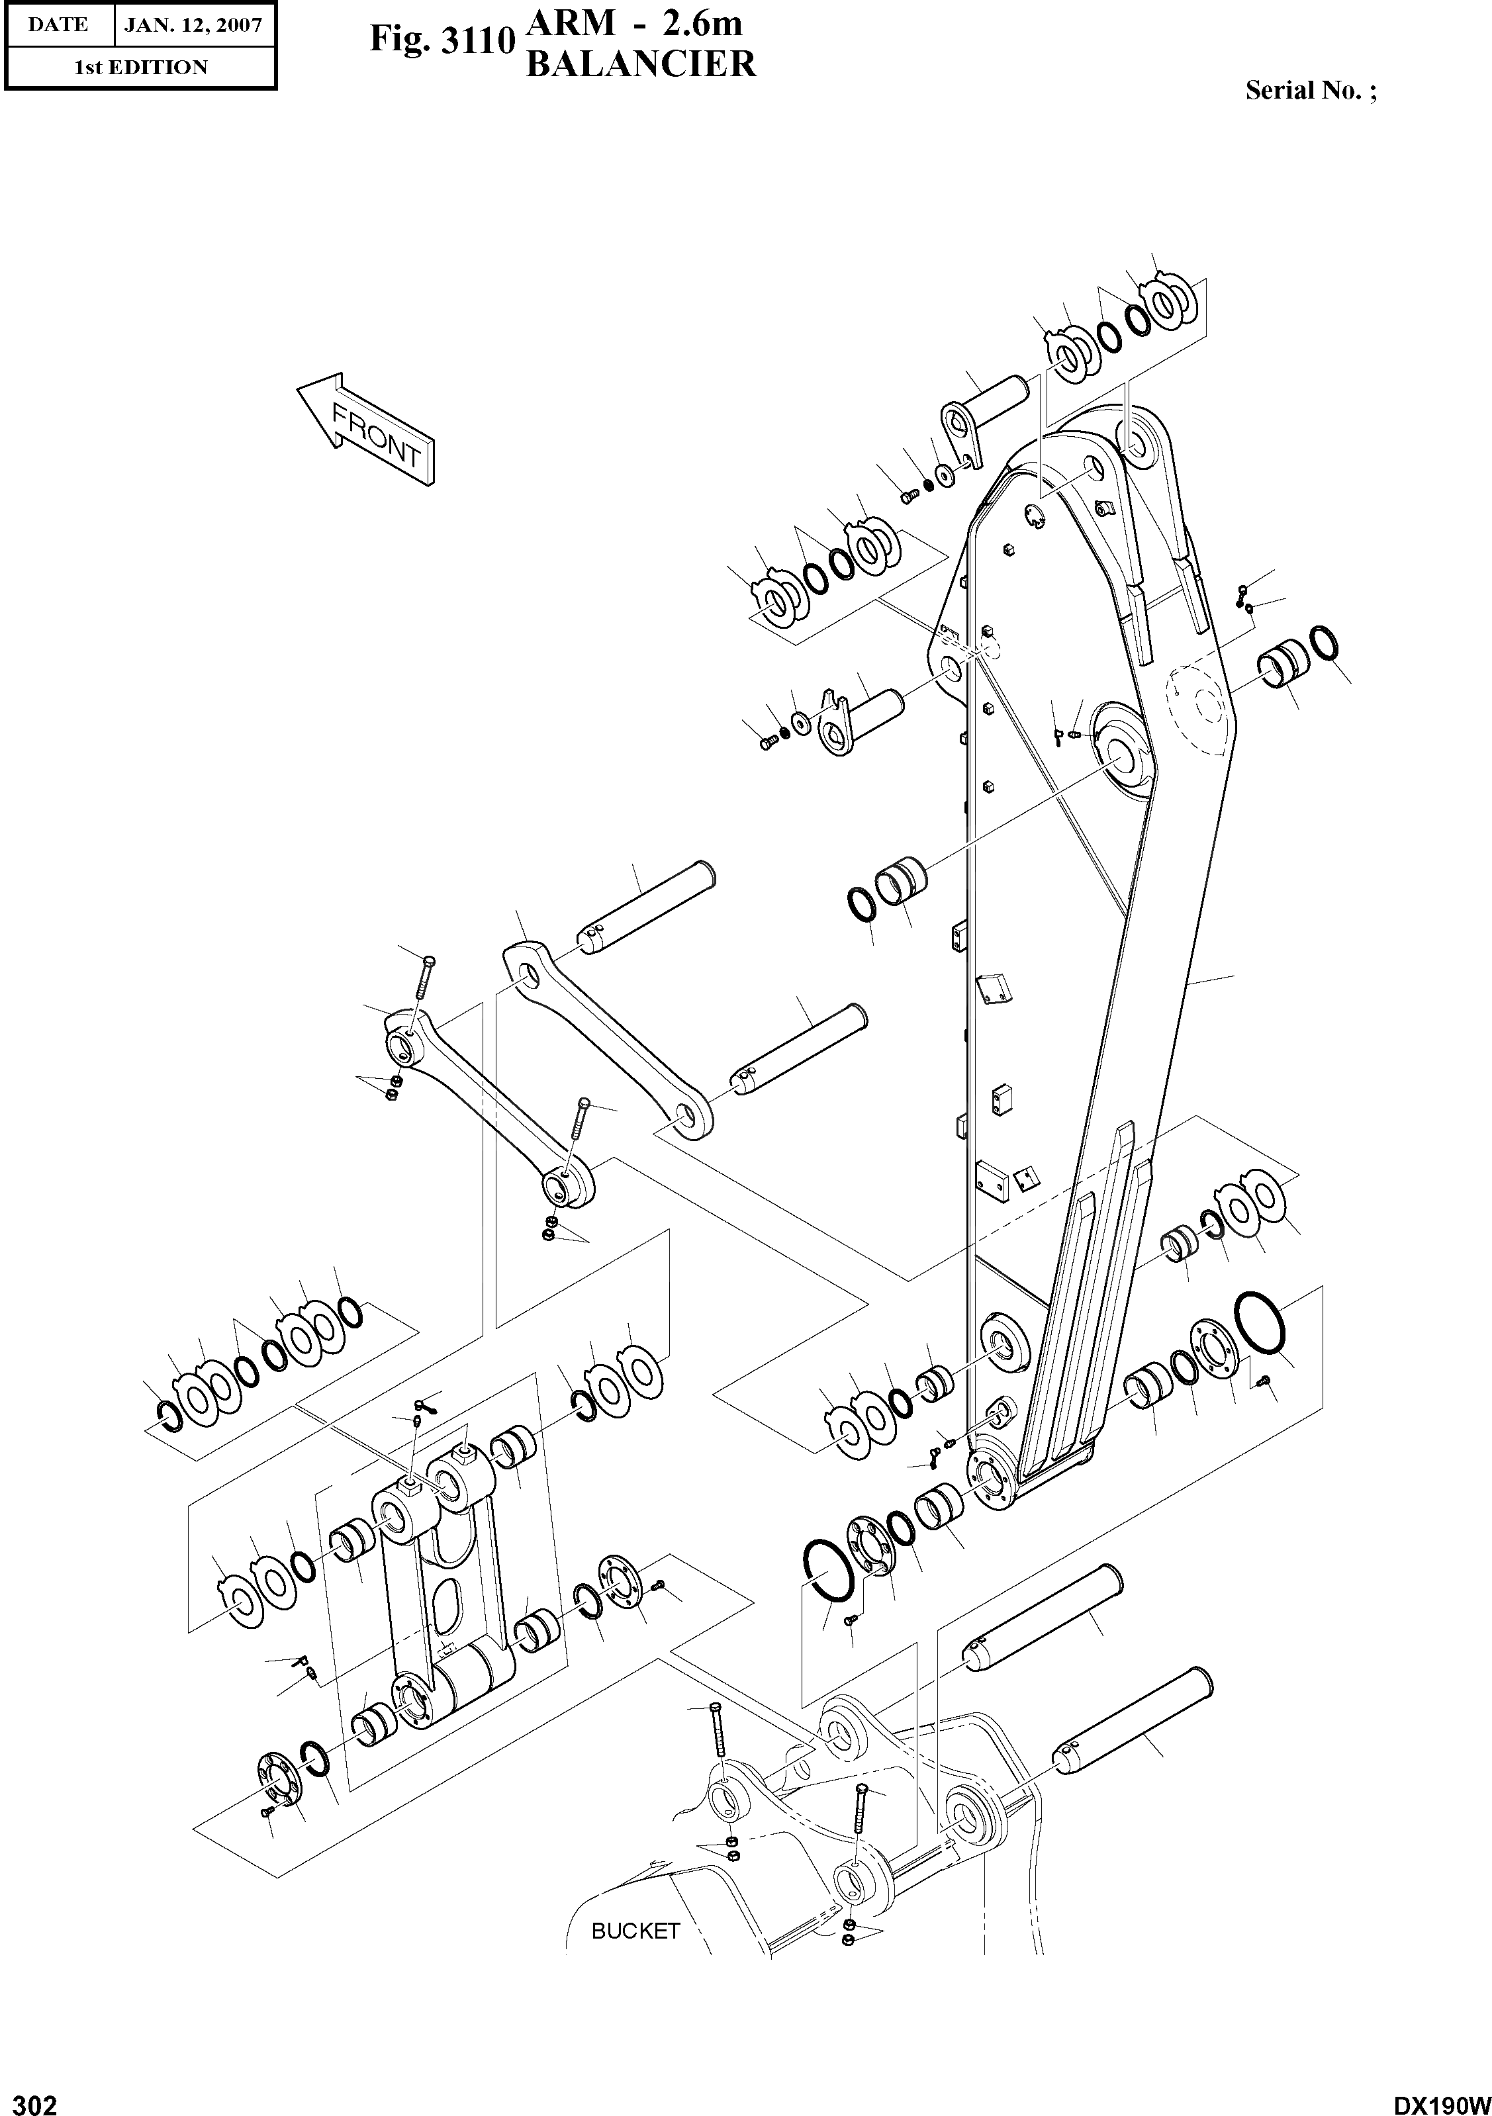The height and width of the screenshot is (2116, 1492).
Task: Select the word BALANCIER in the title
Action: pyautogui.click(x=641, y=64)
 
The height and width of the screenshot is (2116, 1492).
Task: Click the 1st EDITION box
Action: pyautogui.click(x=140, y=68)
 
